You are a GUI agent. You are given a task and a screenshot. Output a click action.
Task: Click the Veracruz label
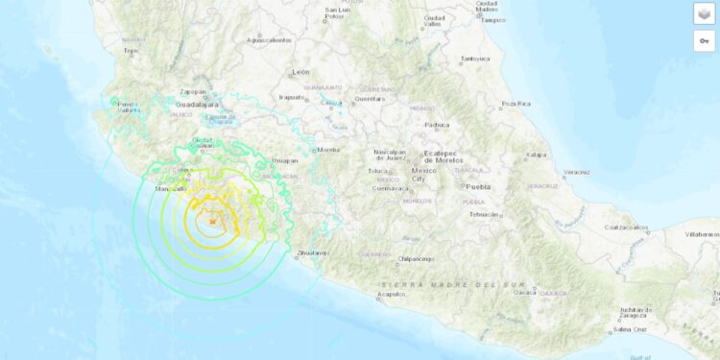pyautogui.click(x=577, y=173)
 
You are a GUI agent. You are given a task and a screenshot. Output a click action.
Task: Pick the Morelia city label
pyautogui.click(x=329, y=150)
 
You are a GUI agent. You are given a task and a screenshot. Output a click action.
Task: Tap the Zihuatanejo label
pyautogui.click(x=314, y=252)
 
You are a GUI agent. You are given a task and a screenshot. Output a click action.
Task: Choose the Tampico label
pyautogui.click(x=492, y=19)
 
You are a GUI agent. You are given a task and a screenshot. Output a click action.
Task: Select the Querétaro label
pyautogui.click(x=372, y=98)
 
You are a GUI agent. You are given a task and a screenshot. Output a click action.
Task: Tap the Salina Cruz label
pyautogui.click(x=628, y=329)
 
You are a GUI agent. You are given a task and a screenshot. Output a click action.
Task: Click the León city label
pyautogui.click(x=301, y=72)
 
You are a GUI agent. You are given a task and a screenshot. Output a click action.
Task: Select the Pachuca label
pyautogui.click(x=439, y=125)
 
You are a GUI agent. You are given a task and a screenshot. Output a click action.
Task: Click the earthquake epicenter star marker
pyautogui.click(x=211, y=222)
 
